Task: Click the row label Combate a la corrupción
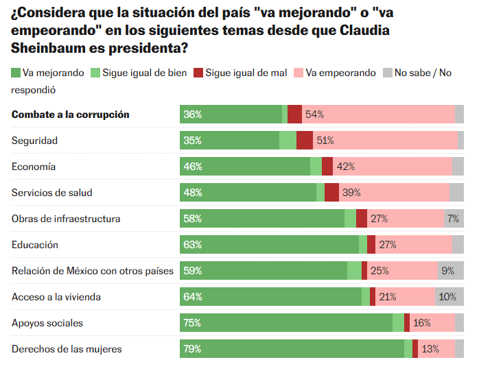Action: coord(70,115)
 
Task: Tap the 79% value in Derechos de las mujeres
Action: coord(192,349)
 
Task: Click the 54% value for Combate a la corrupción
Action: coord(315,115)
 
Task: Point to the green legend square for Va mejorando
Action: coord(16,73)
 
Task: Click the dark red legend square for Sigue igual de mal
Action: coord(199,73)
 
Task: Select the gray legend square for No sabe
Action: coord(387,73)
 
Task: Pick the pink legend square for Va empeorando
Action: coord(299,73)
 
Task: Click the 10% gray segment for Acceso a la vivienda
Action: coord(447,297)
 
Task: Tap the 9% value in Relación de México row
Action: coord(448,271)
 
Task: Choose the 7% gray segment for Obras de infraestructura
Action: coord(453,219)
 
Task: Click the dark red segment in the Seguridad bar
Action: coord(305,141)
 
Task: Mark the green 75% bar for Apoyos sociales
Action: coord(285,323)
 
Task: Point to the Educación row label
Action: coord(35,245)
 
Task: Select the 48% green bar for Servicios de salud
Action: coord(248,193)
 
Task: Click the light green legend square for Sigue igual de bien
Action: coord(96,73)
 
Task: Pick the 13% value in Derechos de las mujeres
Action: coord(430,349)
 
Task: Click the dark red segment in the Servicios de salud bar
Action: coord(331,193)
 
